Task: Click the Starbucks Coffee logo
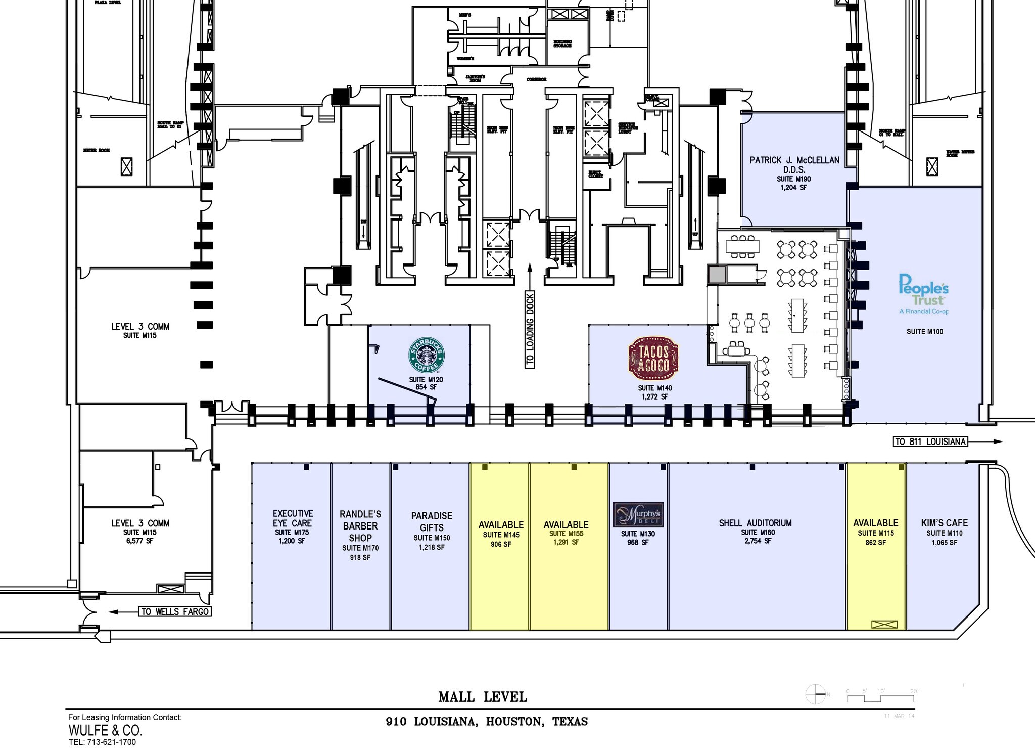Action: point(426,355)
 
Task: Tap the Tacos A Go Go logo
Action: point(654,359)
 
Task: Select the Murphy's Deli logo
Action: point(637,515)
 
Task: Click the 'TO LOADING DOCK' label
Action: point(530,329)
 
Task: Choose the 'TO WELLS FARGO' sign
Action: point(175,611)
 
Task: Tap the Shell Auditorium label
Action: point(755,523)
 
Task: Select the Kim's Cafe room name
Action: point(944,523)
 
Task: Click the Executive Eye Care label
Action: point(293,518)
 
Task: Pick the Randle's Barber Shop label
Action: point(360,526)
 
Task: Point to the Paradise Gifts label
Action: point(431,521)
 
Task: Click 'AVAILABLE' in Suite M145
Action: point(501,525)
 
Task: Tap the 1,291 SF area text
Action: point(566,542)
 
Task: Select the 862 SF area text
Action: point(875,542)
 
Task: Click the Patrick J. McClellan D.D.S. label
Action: point(794,165)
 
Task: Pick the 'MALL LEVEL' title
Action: point(482,697)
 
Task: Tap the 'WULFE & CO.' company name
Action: point(105,730)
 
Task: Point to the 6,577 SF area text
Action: point(139,541)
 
